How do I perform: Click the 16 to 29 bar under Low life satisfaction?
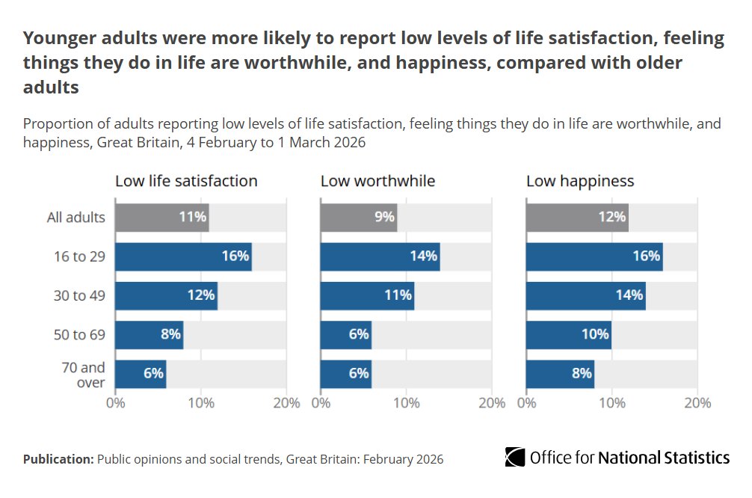click(183, 256)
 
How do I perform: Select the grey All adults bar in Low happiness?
click(576, 218)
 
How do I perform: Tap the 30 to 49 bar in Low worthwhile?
click(367, 295)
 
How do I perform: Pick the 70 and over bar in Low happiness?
click(560, 373)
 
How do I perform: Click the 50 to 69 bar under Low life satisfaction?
click(149, 334)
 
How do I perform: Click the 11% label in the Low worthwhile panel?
click(398, 295)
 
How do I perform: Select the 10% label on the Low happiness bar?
click(595, 334)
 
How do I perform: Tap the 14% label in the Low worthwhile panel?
click(423, 256)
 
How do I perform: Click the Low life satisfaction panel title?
click(186, 181)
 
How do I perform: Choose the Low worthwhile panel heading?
click(377, 181)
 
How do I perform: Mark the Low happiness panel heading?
click(580, 181)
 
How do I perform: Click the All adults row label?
click(75, 218)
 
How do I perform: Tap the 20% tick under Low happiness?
click(697, 403)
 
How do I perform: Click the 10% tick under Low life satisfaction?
click(201, 403)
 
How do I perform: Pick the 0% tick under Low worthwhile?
click(321, 403)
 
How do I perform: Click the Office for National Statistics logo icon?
click(515, 457)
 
